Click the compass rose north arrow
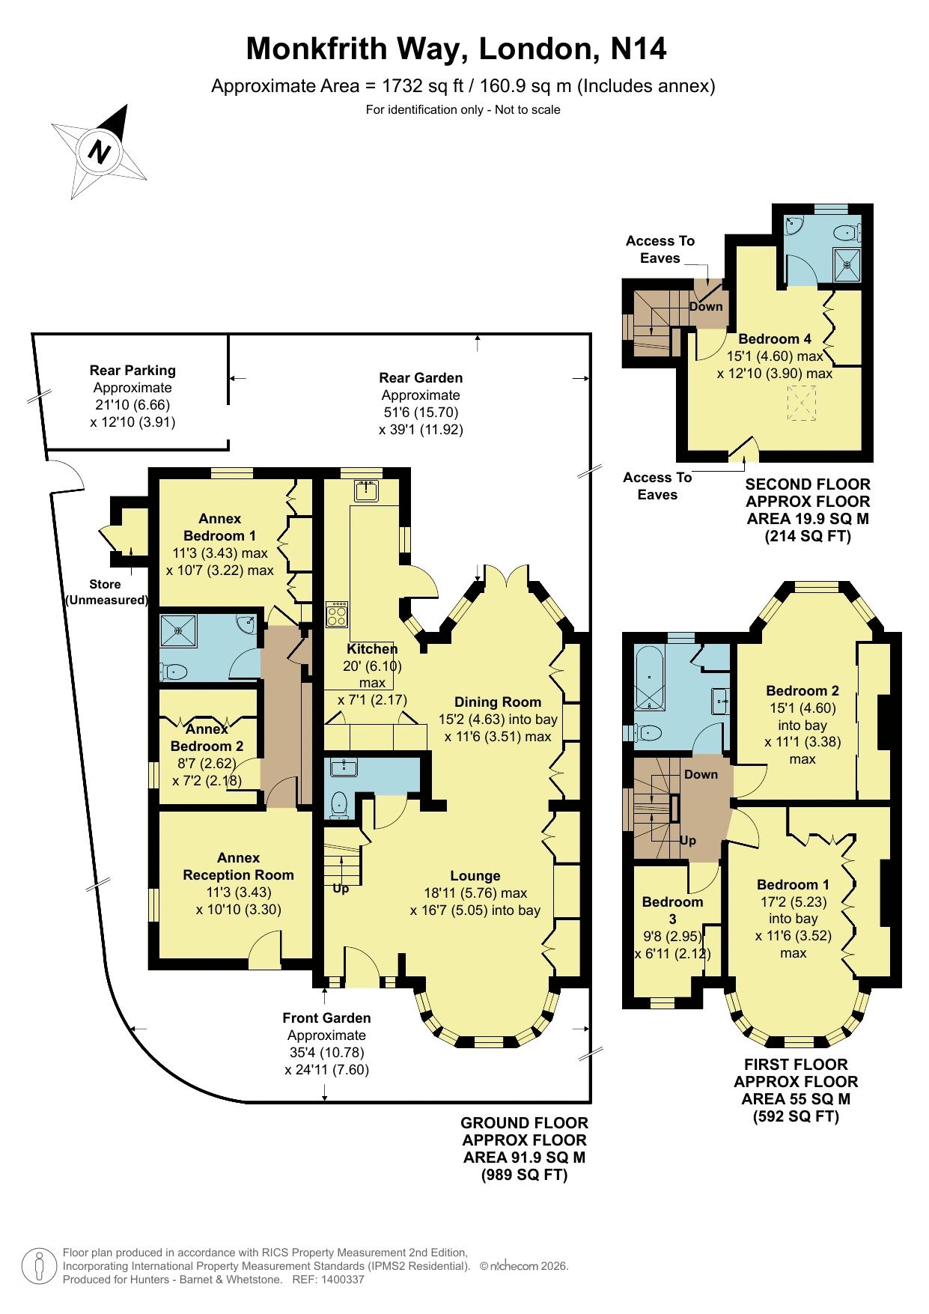(x=100, y=150)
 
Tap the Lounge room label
(x=475, y=875)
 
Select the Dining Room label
(x=498, y=702)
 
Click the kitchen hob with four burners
(x=337, y=614)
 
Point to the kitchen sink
(x=367, y=491)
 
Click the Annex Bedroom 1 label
(x=220, y=527)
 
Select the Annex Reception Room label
(x=238, y=866)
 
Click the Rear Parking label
(x=133, y=370)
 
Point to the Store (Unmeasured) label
(x=106, y=592)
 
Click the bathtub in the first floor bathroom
(x=649, y=678)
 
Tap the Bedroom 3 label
(x=672, y=910)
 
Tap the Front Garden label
(x=326, y=1018)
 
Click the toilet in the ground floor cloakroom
(x=338, y=805)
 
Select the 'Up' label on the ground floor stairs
(x=341, y=889)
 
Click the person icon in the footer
(x=39, y=1265)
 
